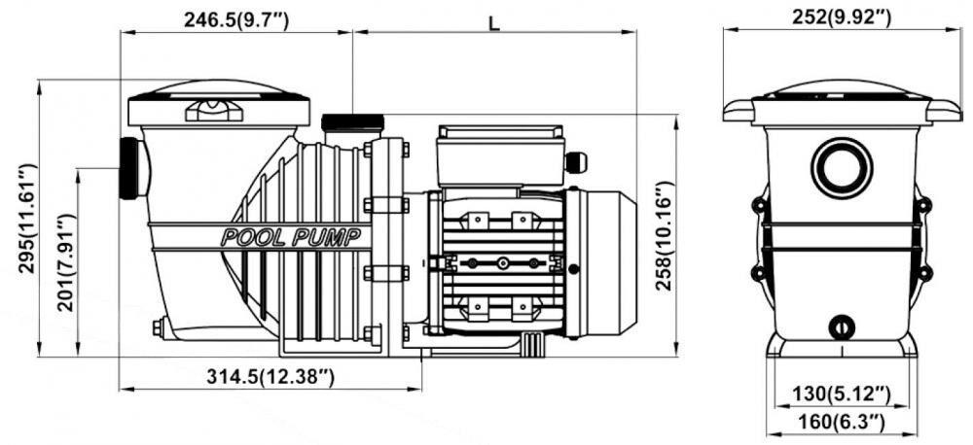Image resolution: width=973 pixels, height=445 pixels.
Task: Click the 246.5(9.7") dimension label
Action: coord(236,20)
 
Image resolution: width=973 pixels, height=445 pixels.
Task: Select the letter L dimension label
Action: coord(494,23)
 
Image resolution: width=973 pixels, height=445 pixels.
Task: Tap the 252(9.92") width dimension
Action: coord(842,17)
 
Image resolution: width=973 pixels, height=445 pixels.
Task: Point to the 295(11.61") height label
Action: coord(28,219)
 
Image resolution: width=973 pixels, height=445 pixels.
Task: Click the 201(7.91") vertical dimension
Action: coord(66,262)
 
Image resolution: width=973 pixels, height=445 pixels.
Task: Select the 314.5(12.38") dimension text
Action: coord(270,377)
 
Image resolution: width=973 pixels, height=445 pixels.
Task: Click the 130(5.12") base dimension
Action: coord(841,393)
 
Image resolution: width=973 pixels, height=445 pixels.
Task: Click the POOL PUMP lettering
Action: coord(291,237)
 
